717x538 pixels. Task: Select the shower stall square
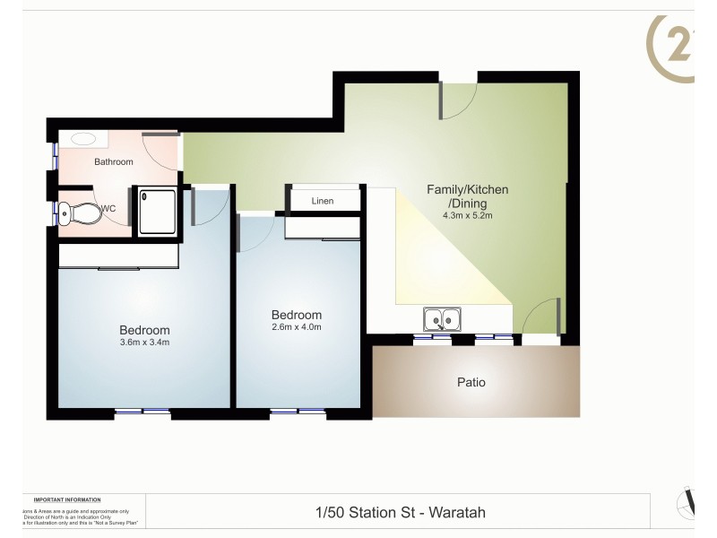coord(158,212)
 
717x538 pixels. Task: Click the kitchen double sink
coord(441,318)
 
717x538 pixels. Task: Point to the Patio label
coord(471,382)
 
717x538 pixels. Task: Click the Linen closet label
coord(323,201)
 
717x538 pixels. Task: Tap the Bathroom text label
coord(114,162)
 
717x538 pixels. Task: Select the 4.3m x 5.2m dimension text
coord(468,216)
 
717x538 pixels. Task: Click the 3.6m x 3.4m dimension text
coord(144,343)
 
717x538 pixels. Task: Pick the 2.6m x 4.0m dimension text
coord(297,327)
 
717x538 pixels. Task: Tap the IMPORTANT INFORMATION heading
coord(67,499)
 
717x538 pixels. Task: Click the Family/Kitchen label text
coord(468,189)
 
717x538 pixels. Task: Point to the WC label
coord(108,209)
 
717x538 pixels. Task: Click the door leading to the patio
coord(541,317)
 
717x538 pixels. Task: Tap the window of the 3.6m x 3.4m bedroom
coord(143,412)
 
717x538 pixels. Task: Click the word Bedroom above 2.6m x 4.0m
coord(297,315)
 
